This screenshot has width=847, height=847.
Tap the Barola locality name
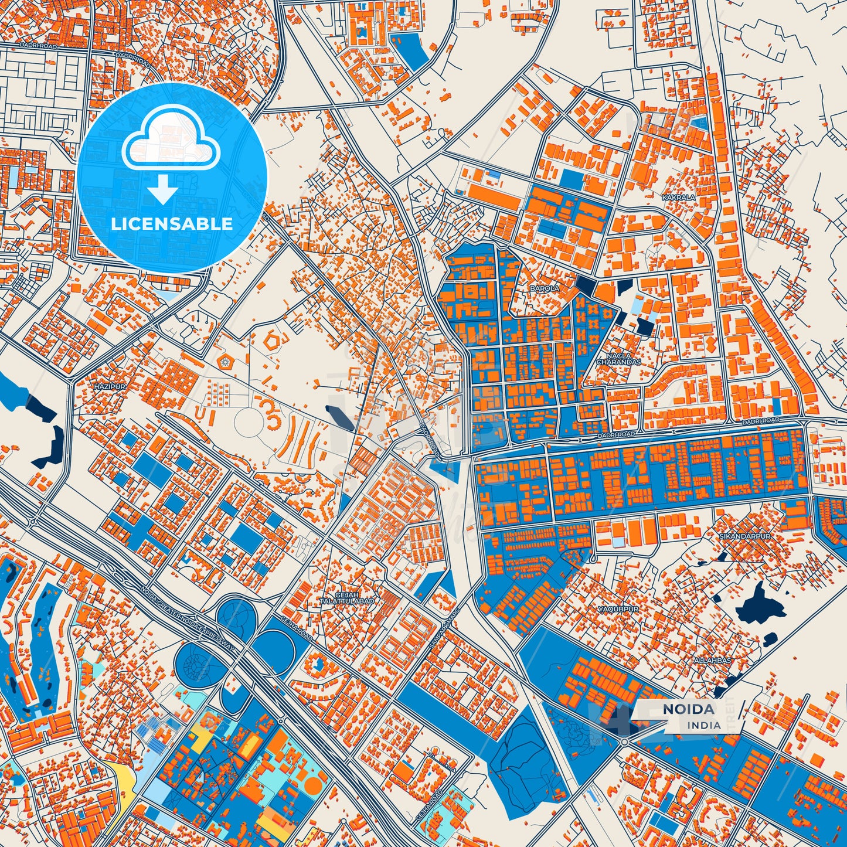545,288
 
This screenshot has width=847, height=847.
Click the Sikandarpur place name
745,536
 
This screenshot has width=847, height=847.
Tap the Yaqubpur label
618,610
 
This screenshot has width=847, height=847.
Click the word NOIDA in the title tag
688,709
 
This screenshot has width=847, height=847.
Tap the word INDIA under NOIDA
704,725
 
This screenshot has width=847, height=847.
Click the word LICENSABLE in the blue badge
172,224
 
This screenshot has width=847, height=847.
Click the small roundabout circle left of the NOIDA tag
625,741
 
